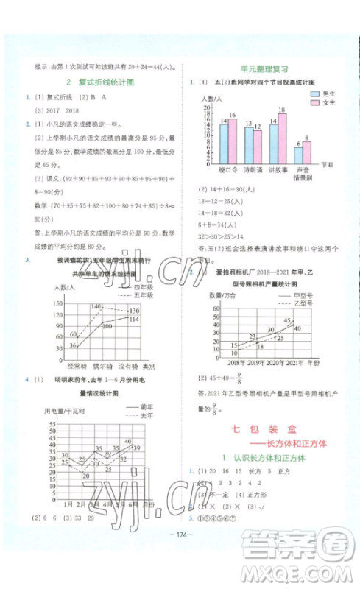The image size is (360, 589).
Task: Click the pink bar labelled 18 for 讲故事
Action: (x=282, y=138)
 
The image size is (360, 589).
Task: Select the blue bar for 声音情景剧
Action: (x=298, y=155)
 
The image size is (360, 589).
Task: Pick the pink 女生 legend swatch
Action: (x=314, y=104)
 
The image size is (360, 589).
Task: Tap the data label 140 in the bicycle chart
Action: (x=96, y=306)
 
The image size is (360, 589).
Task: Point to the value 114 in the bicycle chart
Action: (x=134, y=320)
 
